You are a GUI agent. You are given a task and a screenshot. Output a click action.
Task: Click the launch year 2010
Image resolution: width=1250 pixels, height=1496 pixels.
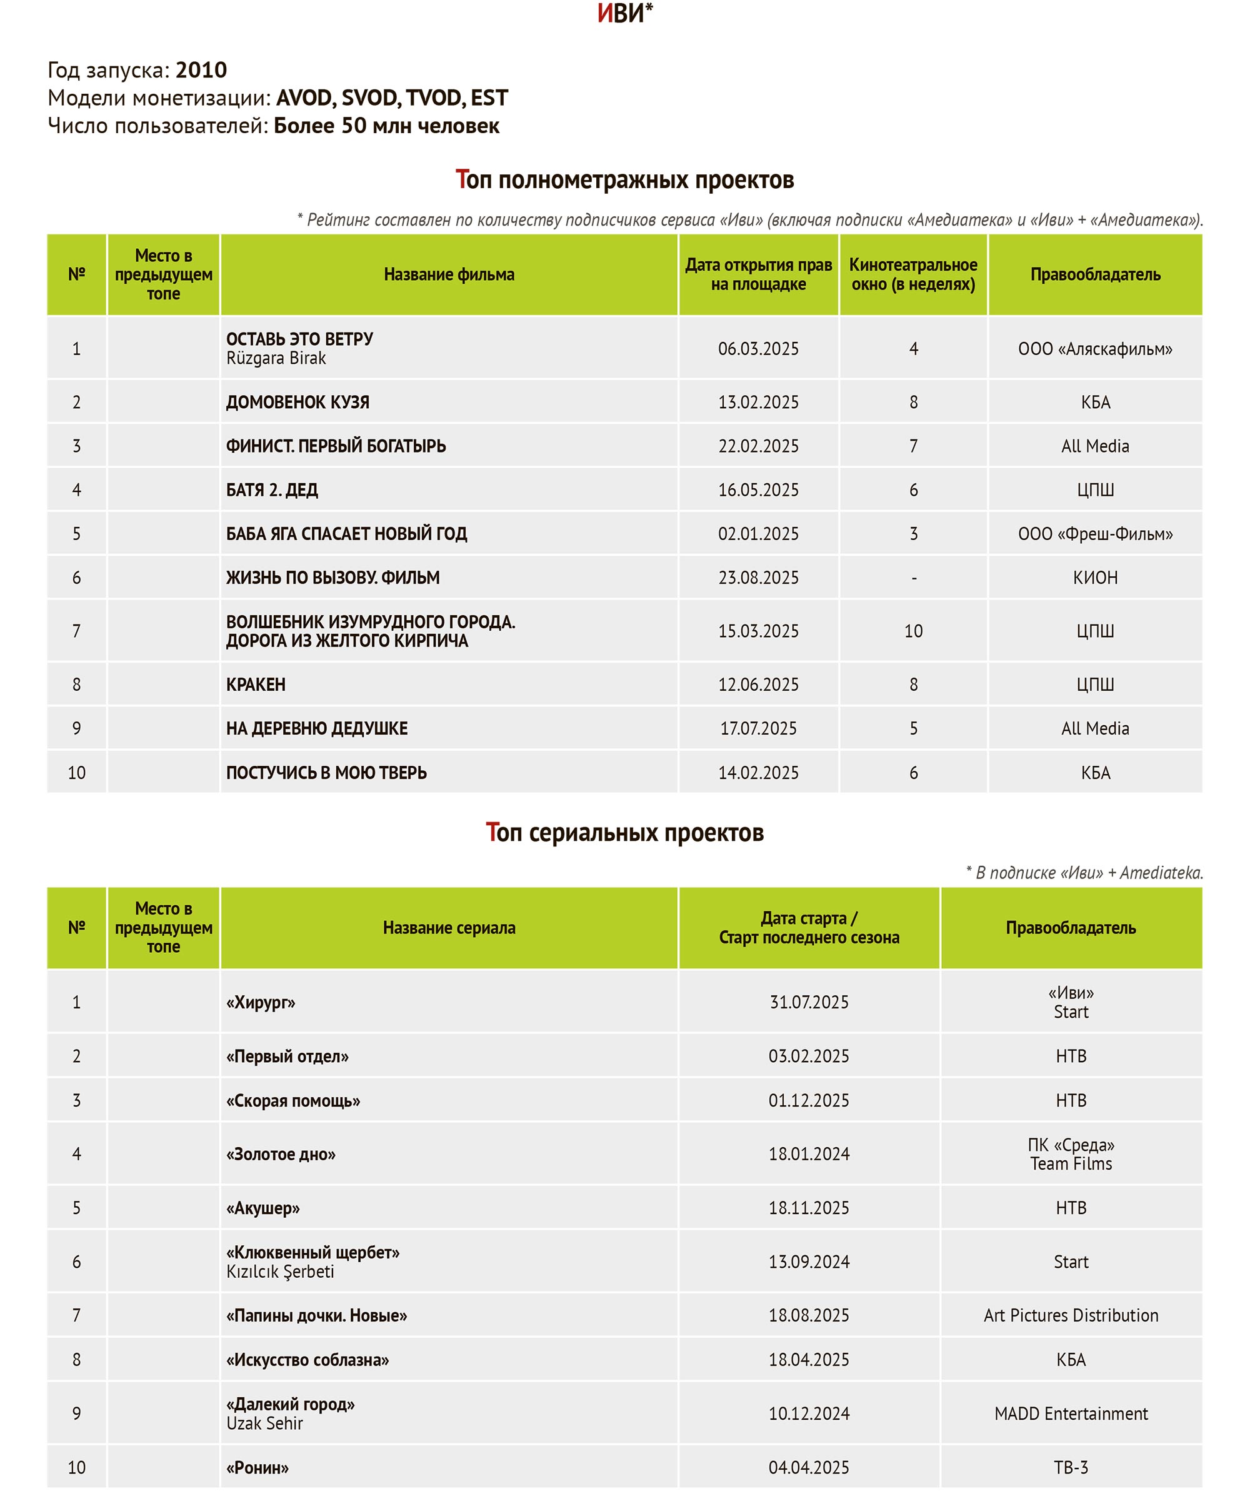201,70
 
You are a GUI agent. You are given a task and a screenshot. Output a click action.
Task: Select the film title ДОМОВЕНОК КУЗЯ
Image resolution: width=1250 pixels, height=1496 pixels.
297,402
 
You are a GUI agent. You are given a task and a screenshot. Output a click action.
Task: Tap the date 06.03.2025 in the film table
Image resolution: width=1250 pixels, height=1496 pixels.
758,348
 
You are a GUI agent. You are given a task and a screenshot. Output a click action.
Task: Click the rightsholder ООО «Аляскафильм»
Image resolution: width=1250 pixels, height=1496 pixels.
1095,348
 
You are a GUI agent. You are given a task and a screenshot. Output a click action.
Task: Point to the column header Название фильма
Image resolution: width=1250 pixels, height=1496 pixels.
449,274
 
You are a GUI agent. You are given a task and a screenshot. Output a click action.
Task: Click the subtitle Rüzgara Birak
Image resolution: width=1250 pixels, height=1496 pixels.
276,358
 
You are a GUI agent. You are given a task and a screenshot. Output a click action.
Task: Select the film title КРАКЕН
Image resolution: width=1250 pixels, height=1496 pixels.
256,684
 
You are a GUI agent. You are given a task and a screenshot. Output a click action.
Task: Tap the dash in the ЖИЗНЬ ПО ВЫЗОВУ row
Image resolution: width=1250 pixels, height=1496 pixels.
914,578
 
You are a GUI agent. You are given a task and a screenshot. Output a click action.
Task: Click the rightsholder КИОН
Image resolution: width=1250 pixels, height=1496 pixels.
1095,577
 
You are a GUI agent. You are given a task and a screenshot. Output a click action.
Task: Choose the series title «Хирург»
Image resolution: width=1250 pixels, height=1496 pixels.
261,1002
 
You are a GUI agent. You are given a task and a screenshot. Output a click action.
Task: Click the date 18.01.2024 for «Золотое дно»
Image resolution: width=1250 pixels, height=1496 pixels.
808,1154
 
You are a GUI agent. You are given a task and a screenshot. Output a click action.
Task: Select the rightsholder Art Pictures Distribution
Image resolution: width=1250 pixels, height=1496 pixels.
1071,1315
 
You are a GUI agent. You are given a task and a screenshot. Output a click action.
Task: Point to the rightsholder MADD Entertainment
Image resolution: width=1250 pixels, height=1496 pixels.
1071,1413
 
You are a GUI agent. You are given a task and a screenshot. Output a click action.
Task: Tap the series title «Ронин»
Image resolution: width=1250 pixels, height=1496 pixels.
257,1467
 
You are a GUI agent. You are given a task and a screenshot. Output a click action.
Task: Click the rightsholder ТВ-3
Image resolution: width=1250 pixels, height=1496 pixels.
1071,1467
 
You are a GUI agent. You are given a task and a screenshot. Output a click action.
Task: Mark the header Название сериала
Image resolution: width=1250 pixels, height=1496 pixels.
449,928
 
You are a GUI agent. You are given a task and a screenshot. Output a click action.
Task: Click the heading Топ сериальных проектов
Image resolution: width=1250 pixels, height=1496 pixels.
624,832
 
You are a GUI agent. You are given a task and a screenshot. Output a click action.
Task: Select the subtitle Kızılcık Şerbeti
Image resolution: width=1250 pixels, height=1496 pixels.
280,1272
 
